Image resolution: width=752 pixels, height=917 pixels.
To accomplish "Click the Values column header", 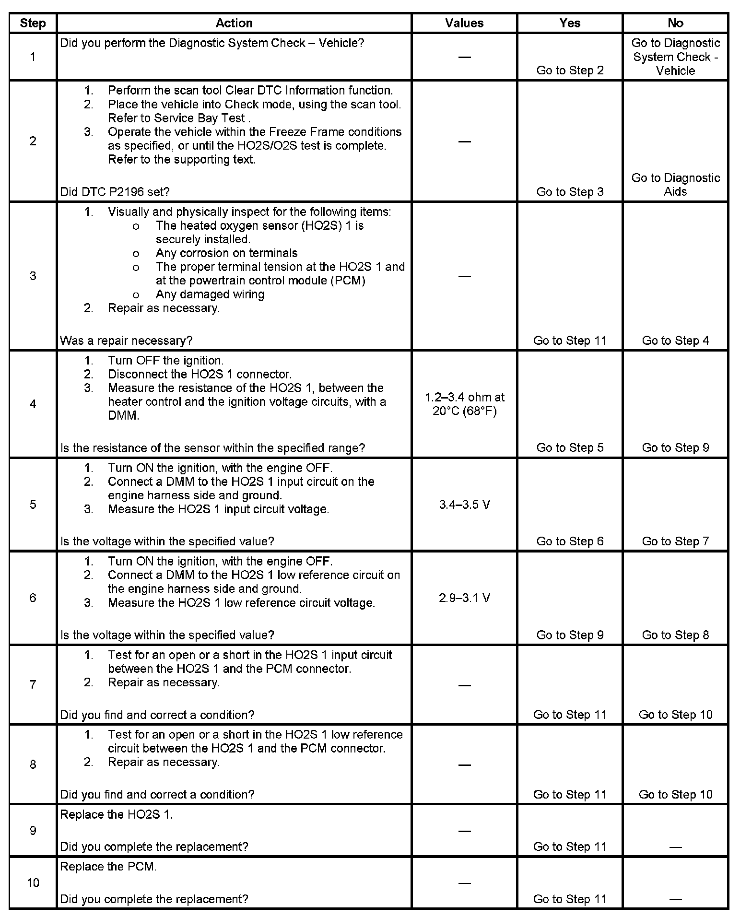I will (464, 23).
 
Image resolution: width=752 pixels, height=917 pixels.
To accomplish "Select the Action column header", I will (234, 23).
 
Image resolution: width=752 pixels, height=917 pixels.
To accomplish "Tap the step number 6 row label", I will (33, 598).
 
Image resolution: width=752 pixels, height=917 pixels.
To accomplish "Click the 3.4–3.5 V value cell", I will (464, 505).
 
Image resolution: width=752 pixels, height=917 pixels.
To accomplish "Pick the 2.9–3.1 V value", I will (464, 598).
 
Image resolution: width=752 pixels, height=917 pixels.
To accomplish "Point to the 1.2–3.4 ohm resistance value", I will (464, 404).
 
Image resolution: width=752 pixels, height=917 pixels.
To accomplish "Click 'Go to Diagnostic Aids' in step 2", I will (675, 185).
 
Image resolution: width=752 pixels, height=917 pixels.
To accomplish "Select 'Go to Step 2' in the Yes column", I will (570, 71).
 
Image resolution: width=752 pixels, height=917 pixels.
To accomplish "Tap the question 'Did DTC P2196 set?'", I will (115, 192).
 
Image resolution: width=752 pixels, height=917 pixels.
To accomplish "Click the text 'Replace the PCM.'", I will (108, 867).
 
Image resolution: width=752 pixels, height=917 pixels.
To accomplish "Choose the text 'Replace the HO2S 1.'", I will (116, 814).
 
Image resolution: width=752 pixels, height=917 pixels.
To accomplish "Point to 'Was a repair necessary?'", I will (126, 341).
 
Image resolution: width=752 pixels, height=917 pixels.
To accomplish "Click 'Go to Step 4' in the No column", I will (675, 341).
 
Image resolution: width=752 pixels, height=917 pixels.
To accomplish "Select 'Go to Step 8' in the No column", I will (675, 635).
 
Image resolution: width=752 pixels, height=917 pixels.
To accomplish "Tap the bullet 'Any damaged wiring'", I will (210, 294).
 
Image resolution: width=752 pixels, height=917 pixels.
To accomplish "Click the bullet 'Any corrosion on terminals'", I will (226, 253).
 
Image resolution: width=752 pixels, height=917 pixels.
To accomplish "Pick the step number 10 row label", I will (33, 882).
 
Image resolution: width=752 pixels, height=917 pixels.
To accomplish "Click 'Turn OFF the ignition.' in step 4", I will (165, 360).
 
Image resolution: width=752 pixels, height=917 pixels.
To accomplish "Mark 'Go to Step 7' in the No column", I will (675, 541).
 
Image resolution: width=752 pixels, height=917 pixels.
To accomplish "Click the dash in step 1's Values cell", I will (464, 57).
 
